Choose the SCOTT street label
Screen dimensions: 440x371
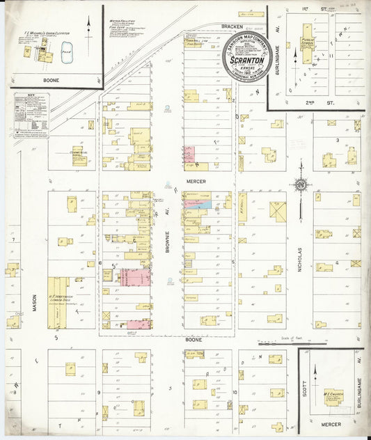[x=305, y=390]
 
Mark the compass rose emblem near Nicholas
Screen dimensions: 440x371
[x=301, y=185]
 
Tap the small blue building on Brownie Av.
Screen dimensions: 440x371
[x=203, y=205]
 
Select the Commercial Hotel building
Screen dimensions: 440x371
[x=79, y=155]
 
